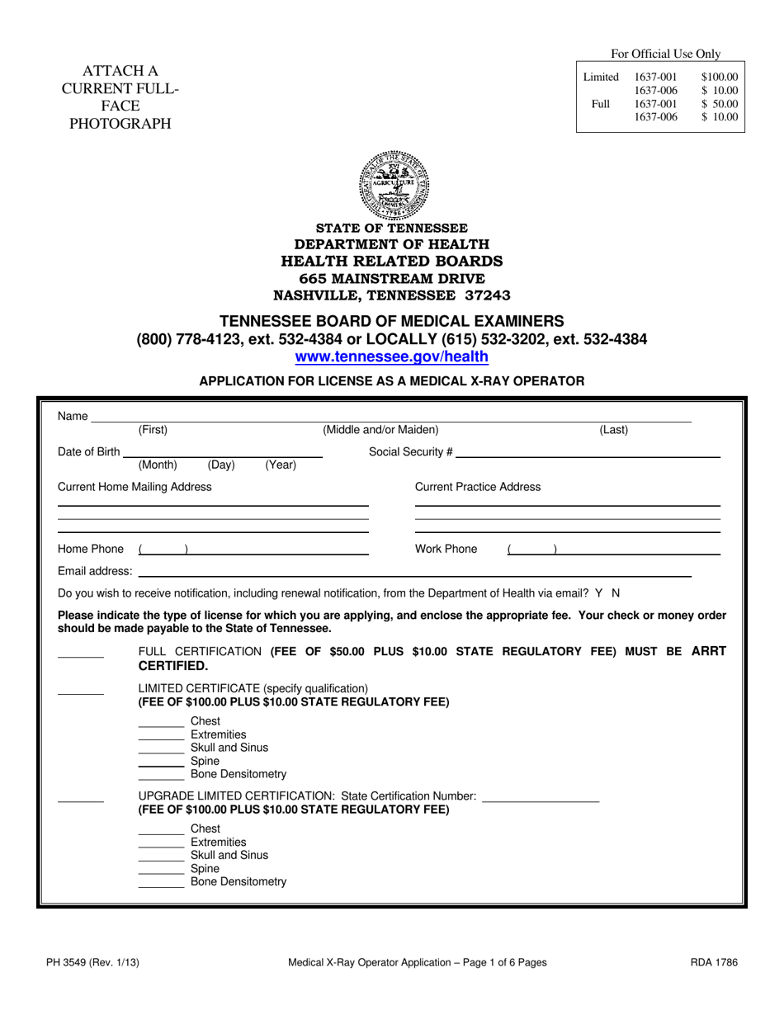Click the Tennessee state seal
(394, 184)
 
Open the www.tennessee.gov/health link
(392, 357)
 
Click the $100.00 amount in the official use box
(719, 78)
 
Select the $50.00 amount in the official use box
(719, 104)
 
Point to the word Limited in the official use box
(601, 78)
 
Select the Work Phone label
(446, 550)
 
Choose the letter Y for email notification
(597, 593)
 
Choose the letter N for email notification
(615, 593)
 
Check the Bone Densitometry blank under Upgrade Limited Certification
(161, 885)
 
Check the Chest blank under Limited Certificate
(161, 725)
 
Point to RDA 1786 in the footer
(715, 962)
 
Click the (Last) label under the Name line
(613, 430)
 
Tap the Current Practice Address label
(478, 487)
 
